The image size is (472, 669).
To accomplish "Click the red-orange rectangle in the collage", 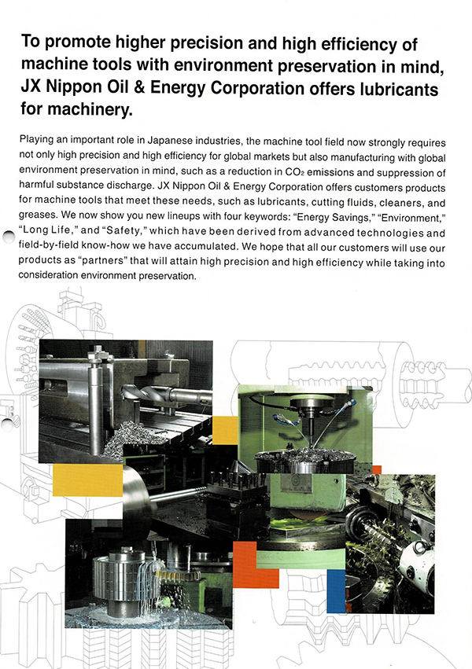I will [x=256, y=564].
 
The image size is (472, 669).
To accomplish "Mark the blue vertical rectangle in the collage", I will [x=336, y=590].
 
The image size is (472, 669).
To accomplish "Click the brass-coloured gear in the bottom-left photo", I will [x=181, y=571].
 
